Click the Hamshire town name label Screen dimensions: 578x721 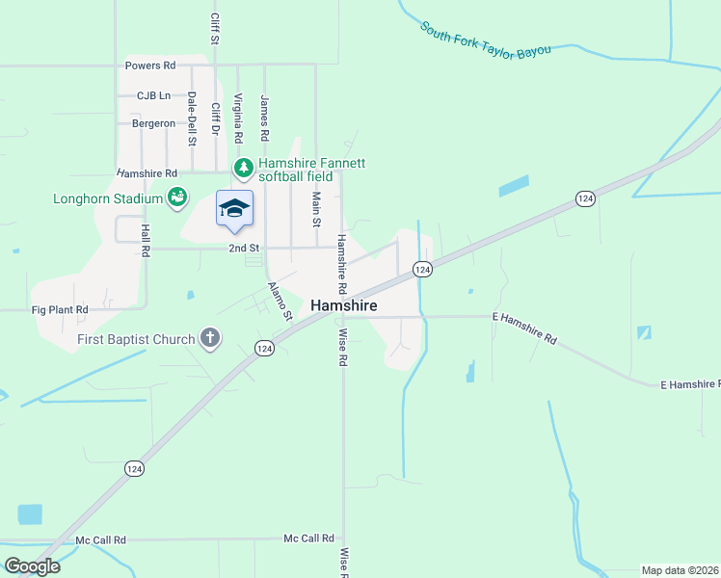(344, 305)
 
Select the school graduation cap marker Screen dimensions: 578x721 (234, 208)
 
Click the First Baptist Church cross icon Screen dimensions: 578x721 (210, 338)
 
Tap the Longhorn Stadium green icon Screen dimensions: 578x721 (177, 198)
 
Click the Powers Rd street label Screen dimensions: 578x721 (150, 66)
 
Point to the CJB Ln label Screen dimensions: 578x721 (153, 95)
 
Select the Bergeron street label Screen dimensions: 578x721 (154, 123)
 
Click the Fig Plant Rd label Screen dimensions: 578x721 (60, 310)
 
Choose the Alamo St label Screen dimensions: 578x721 (280, 302)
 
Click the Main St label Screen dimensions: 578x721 (316, 208)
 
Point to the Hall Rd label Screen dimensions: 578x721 (146, 240)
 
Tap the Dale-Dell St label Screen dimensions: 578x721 (192, 118)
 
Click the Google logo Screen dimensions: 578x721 (32, 566)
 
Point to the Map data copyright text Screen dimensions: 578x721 (681, 570)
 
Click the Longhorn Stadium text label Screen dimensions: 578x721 (107, 199)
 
